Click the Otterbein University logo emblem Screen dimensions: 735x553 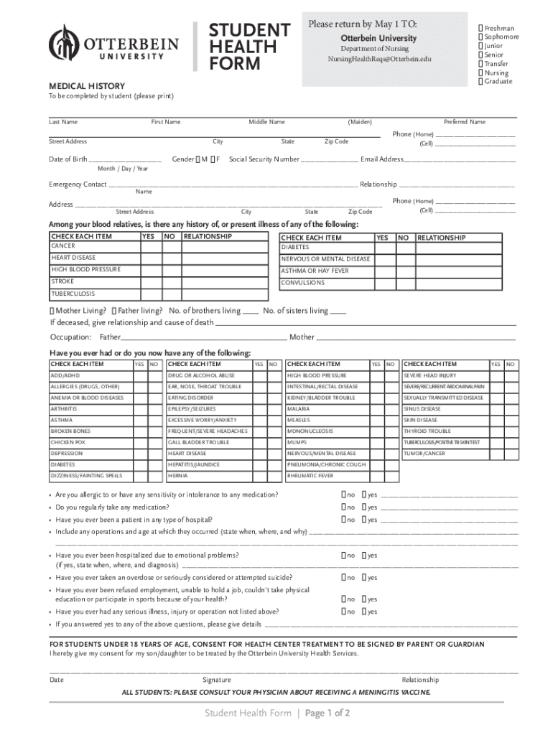point(63,44)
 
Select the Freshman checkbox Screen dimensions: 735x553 point(480,28)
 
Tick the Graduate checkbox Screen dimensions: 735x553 point(480,81)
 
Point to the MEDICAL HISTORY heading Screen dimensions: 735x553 point(86,85)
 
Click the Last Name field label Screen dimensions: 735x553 point(63,122)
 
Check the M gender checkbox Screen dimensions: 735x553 point(198,159)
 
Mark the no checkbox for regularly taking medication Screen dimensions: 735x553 point(343,507)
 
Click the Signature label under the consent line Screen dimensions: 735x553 point(217,680)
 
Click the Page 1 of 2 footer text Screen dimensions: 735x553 point(327,713)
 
